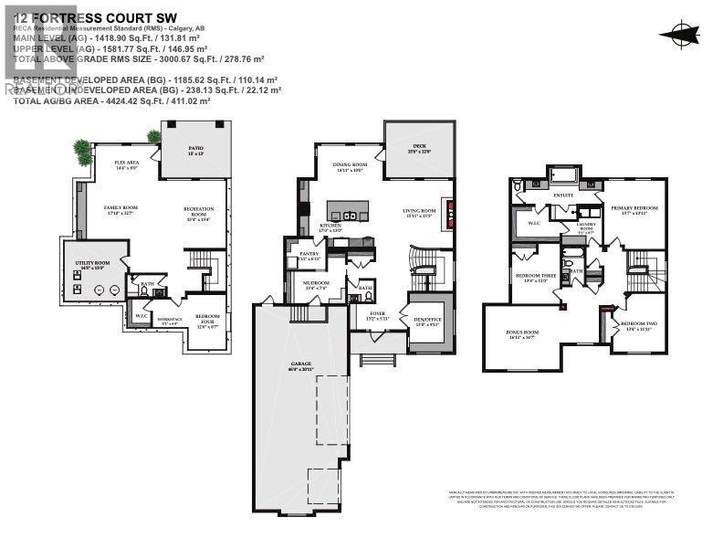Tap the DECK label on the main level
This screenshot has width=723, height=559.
point(419,146)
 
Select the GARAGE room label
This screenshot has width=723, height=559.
point(301,364)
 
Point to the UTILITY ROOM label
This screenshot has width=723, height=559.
point(92,264)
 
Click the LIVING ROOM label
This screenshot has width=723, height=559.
point(421,212)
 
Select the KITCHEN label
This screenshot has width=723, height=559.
point(330,227)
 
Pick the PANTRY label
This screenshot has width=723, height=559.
point(309,255)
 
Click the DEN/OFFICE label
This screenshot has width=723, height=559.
point(426,322)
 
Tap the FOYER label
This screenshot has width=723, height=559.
point(378,314)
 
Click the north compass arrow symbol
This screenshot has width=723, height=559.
point(680,35)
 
